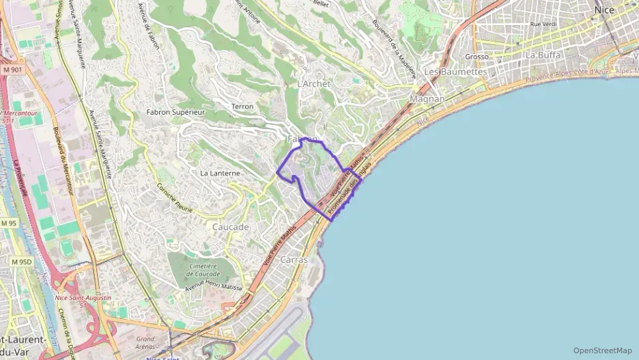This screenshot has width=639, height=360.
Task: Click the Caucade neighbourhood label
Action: [x=230, y=227]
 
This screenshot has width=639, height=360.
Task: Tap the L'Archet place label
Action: [x=314, y=83]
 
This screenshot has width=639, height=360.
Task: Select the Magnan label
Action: [x=427, y=99]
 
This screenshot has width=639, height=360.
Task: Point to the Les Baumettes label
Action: [x=455, y=72]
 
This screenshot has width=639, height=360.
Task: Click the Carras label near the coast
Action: [x=294, y=260]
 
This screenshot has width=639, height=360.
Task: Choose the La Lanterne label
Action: [x=220, y=174]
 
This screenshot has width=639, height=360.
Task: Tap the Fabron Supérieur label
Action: [x=175, y=111]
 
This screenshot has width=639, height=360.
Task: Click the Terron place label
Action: [x=242, y=107]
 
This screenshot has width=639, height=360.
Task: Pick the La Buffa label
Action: [x=543, y=55]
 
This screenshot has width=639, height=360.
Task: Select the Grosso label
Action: [x=477, y=57]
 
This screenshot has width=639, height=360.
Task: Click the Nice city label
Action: [x=604, y=10]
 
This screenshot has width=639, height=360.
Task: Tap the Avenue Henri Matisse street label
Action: [x=214, y=288]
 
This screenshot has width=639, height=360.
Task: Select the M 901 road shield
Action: [x=12, y=70]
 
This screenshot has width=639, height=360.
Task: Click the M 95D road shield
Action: [x=21, y=262]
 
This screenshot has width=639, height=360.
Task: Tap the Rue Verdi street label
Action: [x=544, y=24]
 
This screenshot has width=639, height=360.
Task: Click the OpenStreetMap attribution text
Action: [x=603, y=350]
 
